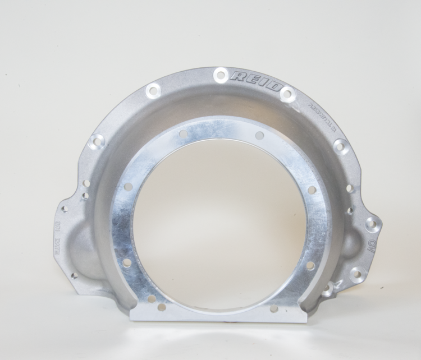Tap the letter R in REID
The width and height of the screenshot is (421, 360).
[x=238, y=76]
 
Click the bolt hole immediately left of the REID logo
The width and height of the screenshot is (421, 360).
[x=221, y=74]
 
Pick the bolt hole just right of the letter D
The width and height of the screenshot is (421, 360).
[x=287, y=94]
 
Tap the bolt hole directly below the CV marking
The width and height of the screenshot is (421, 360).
[x=355, y=274]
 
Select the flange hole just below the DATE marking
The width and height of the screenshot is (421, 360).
[x=74, y=275]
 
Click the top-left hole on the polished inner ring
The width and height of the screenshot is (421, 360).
[x=183, y=134]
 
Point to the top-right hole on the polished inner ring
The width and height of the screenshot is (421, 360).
[x=259, y=136]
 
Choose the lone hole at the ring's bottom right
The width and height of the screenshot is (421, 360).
[x=274, y=308]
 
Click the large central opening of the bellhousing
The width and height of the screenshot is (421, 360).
[x=219, y=224]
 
